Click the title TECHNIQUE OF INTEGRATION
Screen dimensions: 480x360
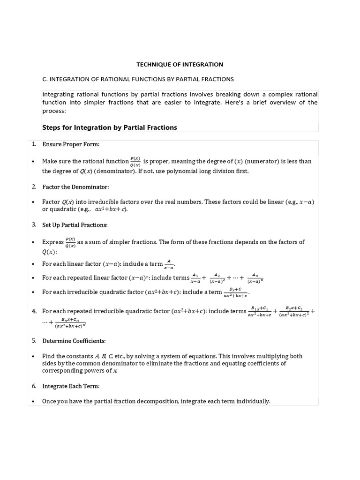point(180,64)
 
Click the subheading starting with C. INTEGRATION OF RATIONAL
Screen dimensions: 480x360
point(138,79)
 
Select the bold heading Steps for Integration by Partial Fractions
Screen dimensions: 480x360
point(110,127)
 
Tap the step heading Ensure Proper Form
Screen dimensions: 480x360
point(71,144)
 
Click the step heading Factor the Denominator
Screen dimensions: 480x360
point(75,187)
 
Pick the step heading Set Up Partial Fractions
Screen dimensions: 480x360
point(75,225)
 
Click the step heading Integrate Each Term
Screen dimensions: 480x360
point(71,386)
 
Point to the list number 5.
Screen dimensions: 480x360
point(34,340)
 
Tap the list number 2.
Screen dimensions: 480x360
point(34,187)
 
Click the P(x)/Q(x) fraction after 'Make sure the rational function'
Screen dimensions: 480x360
point(135,161)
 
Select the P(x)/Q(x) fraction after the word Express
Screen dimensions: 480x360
point(70,242)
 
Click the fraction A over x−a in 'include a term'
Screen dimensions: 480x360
point(169,264)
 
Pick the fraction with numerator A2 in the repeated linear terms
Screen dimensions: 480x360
point(217,278)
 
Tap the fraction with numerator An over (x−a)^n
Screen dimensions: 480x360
point(255,278)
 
